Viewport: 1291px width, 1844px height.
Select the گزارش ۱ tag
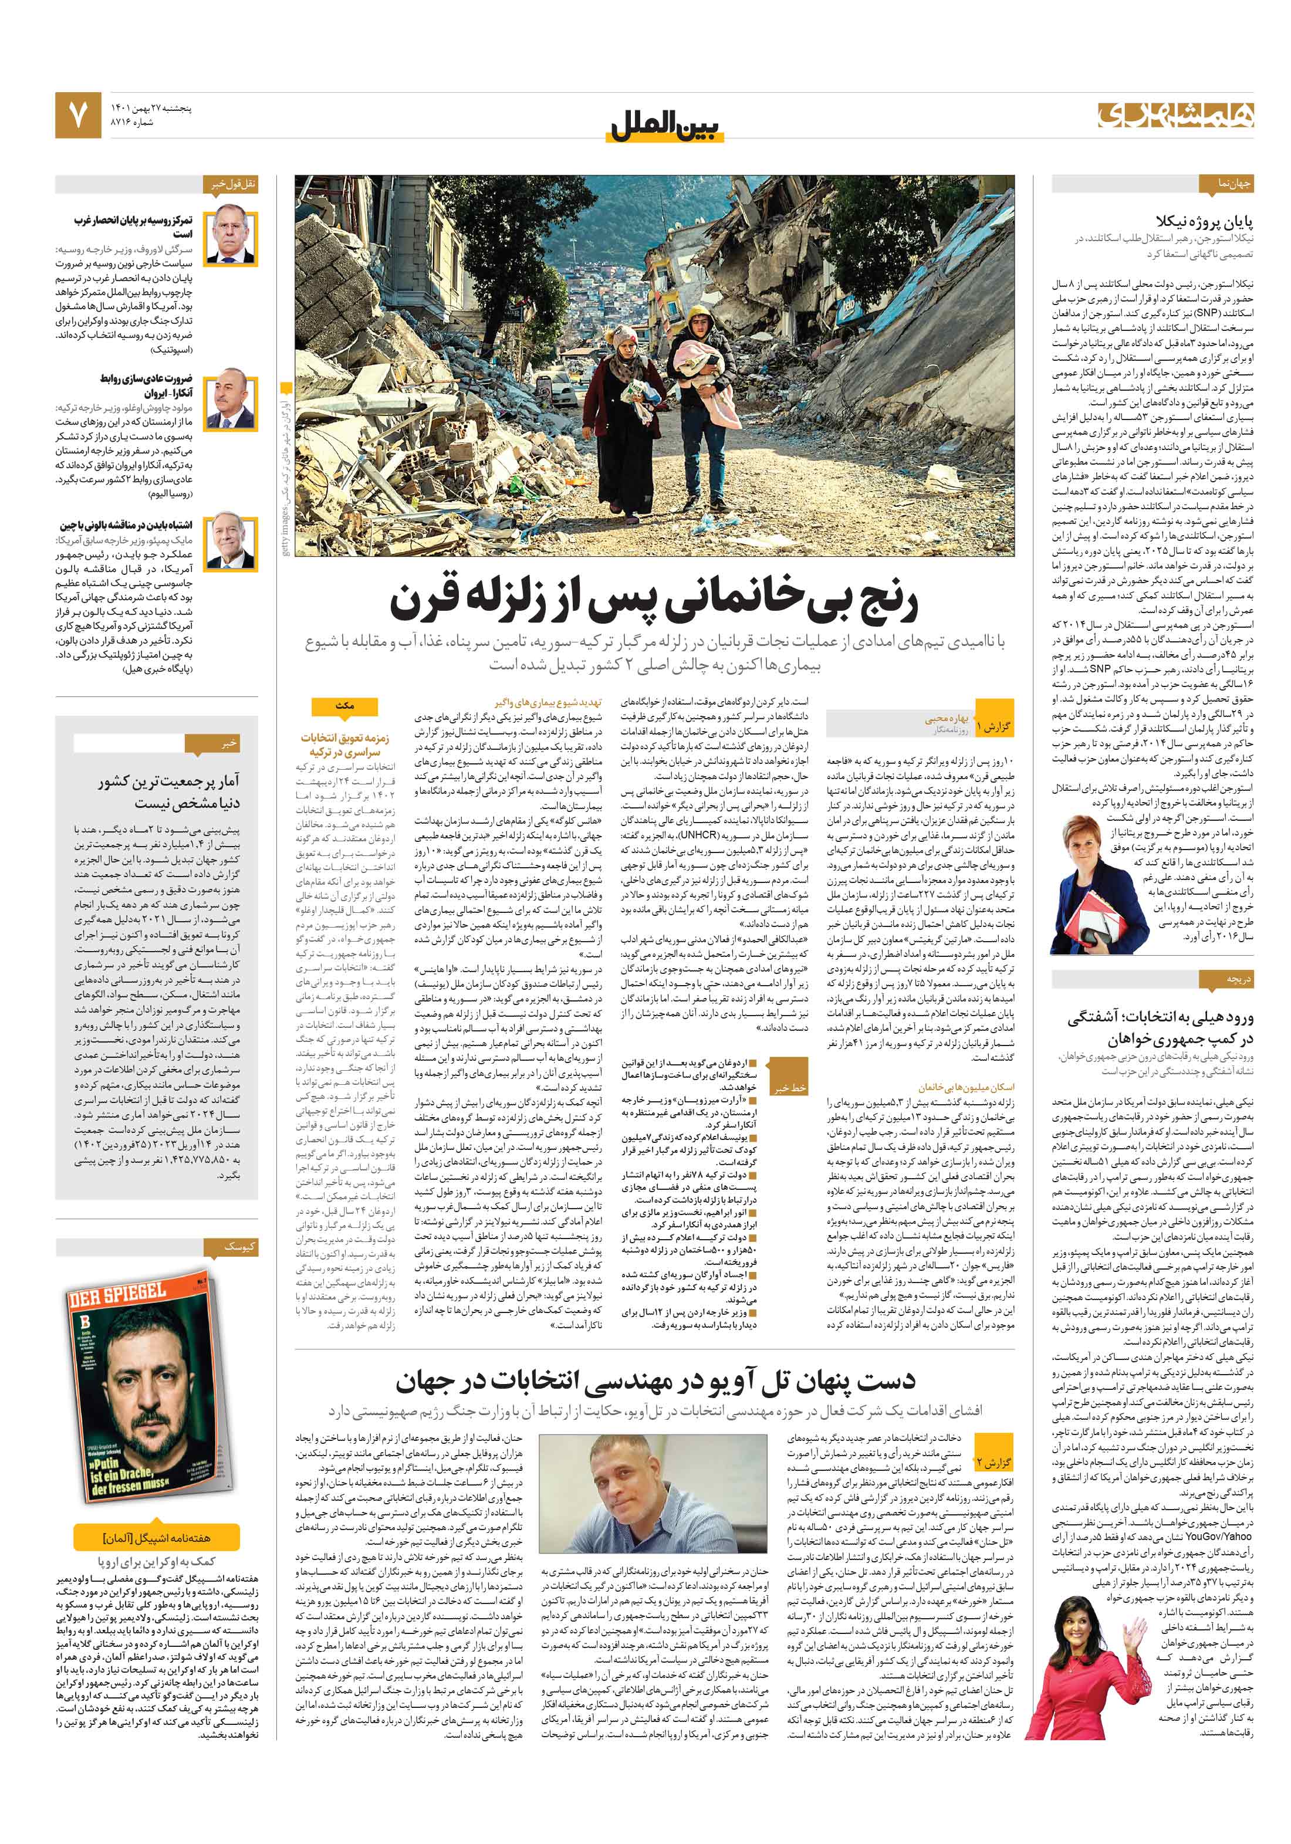993,727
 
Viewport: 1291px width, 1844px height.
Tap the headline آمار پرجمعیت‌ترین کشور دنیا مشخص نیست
168,791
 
